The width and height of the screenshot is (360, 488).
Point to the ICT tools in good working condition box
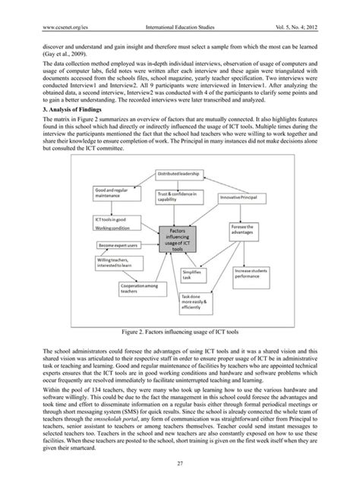(112, 222)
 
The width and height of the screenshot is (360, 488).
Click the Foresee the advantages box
(252, 230)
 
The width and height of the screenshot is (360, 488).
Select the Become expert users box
(115, 246)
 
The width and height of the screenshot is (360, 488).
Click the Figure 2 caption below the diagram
(179, 332)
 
